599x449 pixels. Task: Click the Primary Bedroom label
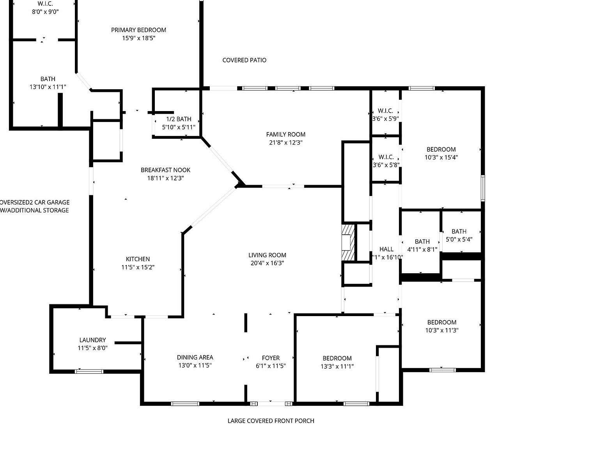138,30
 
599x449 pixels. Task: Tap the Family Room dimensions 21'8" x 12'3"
285,143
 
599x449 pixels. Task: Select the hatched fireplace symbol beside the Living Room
348,242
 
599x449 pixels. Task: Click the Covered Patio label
245,60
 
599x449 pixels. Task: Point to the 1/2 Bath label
179,119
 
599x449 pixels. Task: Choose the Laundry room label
92,340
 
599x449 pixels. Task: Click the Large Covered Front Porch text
271,421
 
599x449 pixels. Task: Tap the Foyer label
271,358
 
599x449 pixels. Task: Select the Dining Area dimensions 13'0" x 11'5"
195,366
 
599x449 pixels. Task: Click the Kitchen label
138,259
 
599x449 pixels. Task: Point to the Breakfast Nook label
165,170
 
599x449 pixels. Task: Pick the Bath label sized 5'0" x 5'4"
459,231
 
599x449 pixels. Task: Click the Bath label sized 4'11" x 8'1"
422,241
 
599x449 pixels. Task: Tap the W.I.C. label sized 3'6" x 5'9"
385,111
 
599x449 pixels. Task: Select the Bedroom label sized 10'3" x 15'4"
441,149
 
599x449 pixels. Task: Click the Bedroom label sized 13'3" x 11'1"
337,358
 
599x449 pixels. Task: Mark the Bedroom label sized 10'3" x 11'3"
441,322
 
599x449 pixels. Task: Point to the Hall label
386,249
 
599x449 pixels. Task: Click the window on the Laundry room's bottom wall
89,371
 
